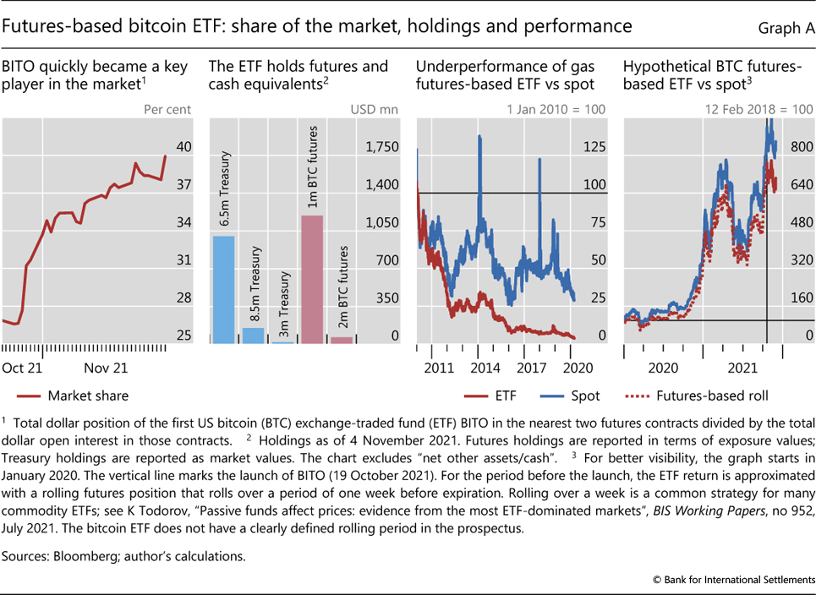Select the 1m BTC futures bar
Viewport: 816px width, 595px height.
[312, 279]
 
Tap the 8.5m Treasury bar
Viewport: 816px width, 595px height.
[253, 336]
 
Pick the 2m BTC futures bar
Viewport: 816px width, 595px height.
[342, 340]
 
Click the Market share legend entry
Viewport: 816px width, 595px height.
[88, 395]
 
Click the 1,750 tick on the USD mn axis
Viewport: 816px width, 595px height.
[381, 147]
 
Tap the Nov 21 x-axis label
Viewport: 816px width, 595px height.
[107, 368]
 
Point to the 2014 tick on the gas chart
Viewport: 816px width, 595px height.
[485, 368]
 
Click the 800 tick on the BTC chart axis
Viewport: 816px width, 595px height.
[800, 147]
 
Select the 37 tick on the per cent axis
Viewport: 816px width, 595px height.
[183, 185]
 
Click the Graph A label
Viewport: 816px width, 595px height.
[785, 28]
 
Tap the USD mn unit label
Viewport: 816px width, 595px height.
[374, 109]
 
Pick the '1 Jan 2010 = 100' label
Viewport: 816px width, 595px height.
[555, 109]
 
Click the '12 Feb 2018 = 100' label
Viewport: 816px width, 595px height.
[758, 109]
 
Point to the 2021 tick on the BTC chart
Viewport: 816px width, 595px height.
[742, 368]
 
